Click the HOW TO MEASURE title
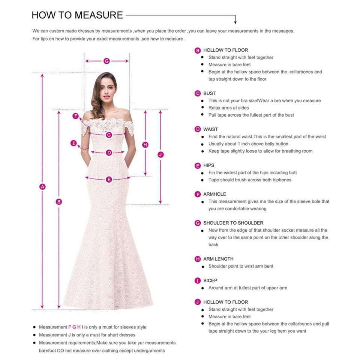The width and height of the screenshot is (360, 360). (77, 15)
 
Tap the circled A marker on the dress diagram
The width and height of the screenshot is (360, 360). (43, 186)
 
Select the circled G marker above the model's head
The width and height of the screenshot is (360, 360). (106, 61)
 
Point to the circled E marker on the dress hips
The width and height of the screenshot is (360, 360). (109, 180)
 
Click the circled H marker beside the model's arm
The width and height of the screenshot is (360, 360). (145, 145)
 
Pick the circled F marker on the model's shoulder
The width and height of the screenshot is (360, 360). (76, 116)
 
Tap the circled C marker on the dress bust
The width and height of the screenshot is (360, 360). (109, 135)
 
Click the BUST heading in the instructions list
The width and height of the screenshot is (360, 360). (210, 93)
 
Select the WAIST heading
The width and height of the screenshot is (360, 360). (210, 129)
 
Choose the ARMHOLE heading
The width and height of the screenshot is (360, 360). (215, 194)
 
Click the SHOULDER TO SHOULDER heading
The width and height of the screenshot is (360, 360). (233, 223)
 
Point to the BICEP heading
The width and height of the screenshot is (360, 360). (210, 280)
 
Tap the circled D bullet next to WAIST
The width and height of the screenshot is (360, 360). (198, 129)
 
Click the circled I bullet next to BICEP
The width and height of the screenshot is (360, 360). (198, 280)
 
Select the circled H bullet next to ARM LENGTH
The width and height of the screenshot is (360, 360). (198, 259)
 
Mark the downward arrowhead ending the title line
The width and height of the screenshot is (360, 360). (235, 22)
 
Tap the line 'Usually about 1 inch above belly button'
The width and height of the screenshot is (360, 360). (248, 144)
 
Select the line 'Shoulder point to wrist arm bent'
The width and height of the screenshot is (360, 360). (241, 266)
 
